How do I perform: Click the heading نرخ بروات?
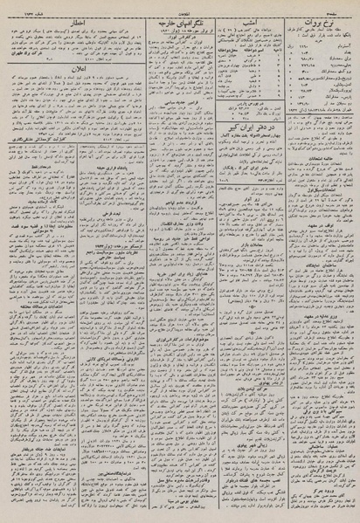tap(321, 19)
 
